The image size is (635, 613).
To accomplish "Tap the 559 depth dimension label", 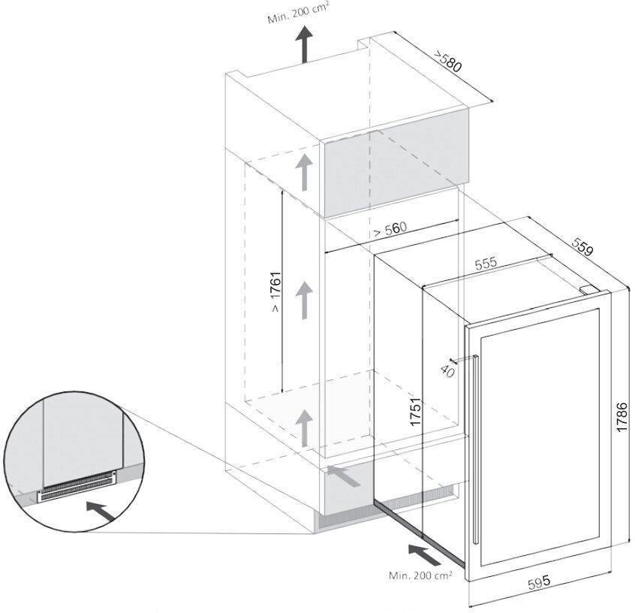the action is (582, 247).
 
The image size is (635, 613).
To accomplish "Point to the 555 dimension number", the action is (486, 264).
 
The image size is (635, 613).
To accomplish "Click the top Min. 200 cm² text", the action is (298, 14).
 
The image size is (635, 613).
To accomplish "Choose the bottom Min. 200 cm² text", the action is (420, 575).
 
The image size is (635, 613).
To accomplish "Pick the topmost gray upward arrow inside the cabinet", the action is (305, 172).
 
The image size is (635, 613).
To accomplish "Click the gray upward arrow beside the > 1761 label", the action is (305, 298).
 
